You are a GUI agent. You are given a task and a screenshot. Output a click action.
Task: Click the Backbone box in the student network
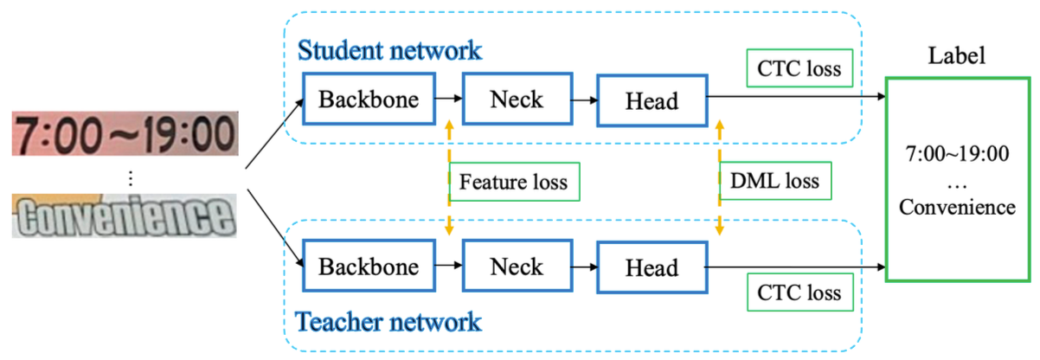[x=369, y=99]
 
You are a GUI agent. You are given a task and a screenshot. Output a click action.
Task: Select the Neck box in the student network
[x=517, y=99]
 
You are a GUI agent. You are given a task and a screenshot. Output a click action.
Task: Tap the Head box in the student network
[x=652, y=100]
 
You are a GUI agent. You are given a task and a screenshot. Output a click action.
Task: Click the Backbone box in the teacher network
[x=369, y=267]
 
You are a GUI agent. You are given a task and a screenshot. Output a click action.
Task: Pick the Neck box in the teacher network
[x=517, y=267]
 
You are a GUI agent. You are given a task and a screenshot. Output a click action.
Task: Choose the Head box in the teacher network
[x=652, y=267]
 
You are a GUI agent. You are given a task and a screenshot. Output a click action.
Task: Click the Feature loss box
[x=515, y=182]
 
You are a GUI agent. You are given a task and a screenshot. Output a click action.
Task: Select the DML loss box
[x=775, y=181]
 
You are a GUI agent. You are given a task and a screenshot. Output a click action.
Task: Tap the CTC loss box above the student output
[x=799, y=68]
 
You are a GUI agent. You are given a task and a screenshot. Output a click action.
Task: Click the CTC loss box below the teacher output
[x=800, y=292]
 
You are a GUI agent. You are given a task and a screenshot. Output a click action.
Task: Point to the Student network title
[x=389, y=50]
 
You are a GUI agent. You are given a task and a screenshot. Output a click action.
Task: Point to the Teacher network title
[x=388, y=321]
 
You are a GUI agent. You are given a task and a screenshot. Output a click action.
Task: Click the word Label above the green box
[x=956, y=55]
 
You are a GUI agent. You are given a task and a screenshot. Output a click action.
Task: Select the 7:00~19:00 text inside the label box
[x=957, y=154]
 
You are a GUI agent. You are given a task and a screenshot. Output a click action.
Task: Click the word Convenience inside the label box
[x=957, y=207]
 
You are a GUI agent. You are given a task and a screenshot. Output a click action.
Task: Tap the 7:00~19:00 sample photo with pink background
[x=125, y=133]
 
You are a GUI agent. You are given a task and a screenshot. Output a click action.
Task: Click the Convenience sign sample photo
[x=125, y=216]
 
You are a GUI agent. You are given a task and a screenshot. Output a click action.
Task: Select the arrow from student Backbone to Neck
[x=449, y=99]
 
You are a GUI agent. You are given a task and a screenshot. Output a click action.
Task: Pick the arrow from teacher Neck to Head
[x=585, y=267]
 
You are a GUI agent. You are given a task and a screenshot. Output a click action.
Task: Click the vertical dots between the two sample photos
[x=131, y=178]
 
